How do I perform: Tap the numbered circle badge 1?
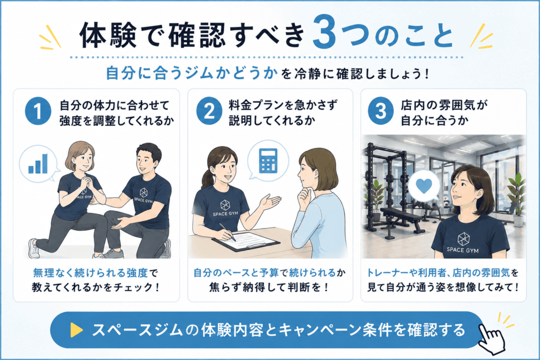tap(38, 111)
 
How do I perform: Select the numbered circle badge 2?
tap(209, 111)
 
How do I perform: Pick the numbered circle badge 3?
tap(381, 111)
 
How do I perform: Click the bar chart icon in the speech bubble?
tap(38, 163)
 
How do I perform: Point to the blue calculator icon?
tap(268, 161)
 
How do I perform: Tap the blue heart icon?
tap(423, 186)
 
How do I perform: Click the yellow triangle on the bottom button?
tap(76, 330)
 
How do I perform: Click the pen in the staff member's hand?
tap(227, 232)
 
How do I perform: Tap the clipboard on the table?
tap(246, 241)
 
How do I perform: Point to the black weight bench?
tap(403, 220)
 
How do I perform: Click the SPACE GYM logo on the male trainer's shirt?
tap(143, 196)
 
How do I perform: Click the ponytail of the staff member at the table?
tap(206, 181)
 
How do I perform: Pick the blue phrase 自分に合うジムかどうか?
tap(191, 73)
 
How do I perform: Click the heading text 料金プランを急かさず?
tap(283, 105)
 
